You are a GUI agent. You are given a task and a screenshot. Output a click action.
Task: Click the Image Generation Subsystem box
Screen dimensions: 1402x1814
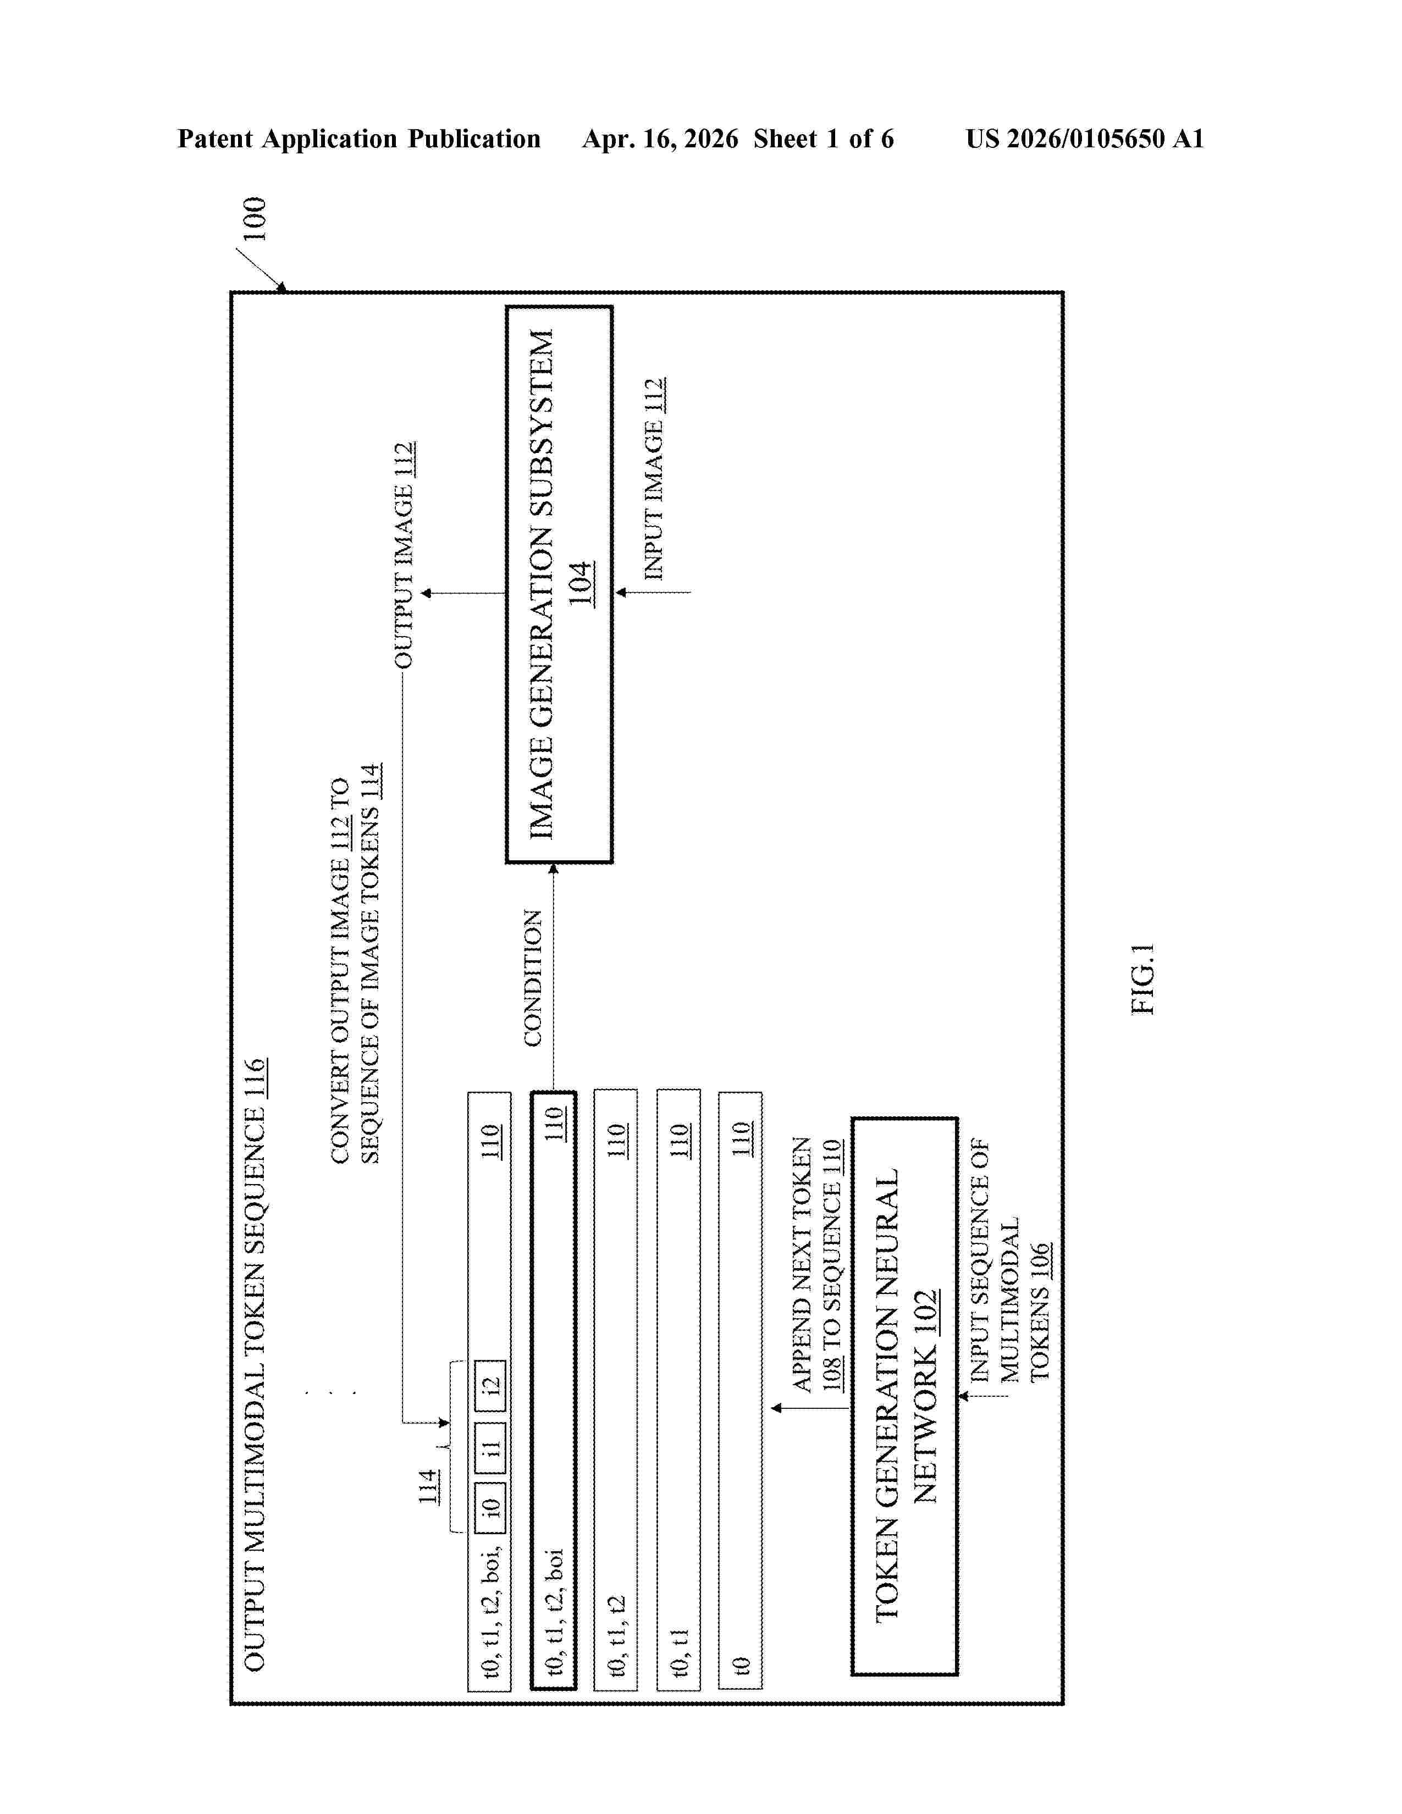click(x=559, y=585)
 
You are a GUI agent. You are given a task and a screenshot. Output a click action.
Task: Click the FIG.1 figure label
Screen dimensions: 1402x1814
click(x=1143, y=978)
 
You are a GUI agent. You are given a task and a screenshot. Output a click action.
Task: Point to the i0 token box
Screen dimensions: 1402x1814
click(x=490, y=1506)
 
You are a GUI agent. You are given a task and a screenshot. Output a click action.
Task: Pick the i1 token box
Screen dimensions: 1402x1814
click(x=490, y=1448)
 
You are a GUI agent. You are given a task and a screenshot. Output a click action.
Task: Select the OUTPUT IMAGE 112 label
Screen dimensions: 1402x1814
click(x=404, y=555)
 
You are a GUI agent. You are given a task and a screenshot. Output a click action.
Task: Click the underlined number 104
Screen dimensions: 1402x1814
click(x=581, y=584)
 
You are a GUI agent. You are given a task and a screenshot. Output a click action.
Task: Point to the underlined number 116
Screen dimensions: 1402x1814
click(x=254, y=1079)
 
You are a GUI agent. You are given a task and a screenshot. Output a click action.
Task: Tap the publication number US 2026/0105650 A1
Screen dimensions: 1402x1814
click(x=1085, y=139)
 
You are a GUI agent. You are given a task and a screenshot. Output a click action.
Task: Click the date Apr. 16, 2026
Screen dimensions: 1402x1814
click(x=660, y=139)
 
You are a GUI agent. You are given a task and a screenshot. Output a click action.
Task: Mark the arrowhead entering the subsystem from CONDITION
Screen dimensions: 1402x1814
click(x=553, y=869)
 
